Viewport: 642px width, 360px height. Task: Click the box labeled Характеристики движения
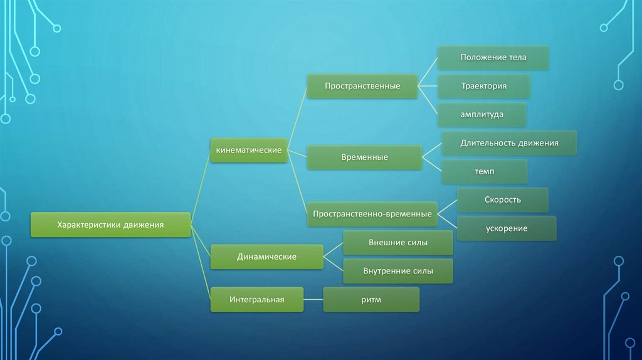[x=110, y=225]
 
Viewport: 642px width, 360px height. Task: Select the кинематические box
[x=249, y=151]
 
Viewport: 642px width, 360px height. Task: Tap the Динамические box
[x=266, y=257]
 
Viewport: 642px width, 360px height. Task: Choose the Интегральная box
[x=256, y=300]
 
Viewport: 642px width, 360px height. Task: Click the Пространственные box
[x=362, y=85]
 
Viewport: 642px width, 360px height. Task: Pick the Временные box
[x=364, y=157]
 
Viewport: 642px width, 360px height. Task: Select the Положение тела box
[x=493, y=57]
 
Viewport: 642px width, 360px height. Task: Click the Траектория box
[x=484, y=86]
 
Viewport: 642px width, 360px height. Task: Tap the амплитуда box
[x=482, y=115]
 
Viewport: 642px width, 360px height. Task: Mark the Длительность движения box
[x=509, y=143]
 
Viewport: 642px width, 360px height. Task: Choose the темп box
[x=484, y=171]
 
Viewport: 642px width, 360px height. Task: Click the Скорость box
[x=503, y=199]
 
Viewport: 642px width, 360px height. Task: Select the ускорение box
[x=506, y=228]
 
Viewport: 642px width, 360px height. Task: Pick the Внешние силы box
[x=398, y=243]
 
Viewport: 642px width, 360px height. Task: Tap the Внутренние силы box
[x=398, y=272]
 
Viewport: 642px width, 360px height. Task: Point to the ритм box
[x=371, y=300]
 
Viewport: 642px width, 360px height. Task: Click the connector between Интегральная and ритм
[x=313, y=300]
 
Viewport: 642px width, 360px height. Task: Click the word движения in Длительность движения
[x=538, y=143]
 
